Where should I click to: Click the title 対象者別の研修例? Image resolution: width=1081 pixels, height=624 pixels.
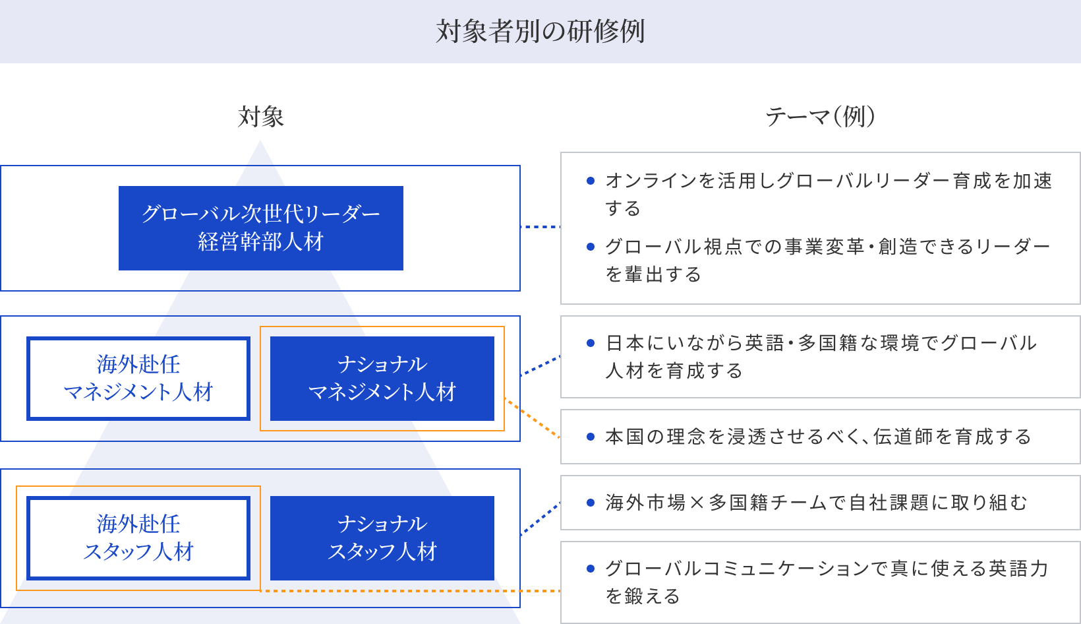[x=540, y=32]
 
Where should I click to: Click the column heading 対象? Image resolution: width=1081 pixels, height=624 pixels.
[x=260, y=117]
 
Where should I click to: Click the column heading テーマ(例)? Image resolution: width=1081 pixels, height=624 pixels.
[x=820, y=117]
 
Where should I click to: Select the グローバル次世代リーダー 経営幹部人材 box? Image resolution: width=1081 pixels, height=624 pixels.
[x=260, y=228]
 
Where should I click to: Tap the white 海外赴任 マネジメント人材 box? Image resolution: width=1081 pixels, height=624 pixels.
[x=138, y=379]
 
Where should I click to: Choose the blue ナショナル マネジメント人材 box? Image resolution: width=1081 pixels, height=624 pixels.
[x=382, y=379]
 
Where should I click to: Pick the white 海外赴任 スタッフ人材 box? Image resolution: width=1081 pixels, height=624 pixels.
[x=138, y=538]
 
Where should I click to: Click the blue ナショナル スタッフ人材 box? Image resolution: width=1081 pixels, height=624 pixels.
[x=382, y=538]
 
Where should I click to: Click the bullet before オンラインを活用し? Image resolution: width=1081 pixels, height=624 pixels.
[x=591, y=181]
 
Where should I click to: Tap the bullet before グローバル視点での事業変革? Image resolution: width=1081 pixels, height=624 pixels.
[x=591, y=247]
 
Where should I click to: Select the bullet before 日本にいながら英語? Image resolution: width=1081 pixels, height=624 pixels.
[x=591, y=343]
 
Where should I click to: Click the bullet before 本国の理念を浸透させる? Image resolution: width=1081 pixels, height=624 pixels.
[x=591, y=437]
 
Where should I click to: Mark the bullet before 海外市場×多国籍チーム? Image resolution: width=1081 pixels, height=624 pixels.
[x=591, y=503]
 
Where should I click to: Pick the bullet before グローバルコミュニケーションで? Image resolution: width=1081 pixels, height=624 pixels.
[x=591, y=569]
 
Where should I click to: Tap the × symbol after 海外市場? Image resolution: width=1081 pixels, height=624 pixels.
[x=697, y=503]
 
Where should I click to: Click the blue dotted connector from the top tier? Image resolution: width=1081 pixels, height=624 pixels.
[x=540, y=227]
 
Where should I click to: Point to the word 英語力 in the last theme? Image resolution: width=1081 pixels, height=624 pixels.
[x=1018, y=569]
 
